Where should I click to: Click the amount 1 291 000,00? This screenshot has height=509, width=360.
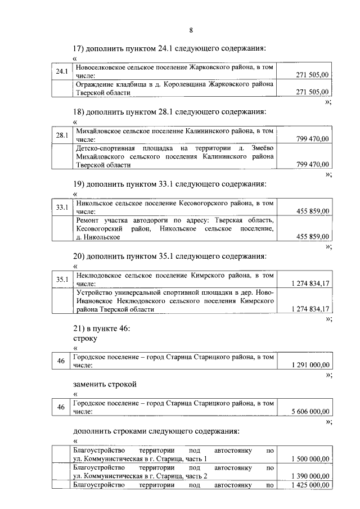click(310, 366)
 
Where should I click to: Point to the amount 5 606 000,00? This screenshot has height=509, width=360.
click(310, 411)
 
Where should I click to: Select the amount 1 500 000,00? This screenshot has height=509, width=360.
click(310, 459)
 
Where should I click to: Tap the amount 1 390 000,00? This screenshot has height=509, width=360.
click(310, 476)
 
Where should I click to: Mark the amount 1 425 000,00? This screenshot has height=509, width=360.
click(310, 485)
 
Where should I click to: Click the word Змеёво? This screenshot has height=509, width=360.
click(261, 148)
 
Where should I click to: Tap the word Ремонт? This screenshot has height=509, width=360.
click(87, 220)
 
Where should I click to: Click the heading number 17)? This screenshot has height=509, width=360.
click(79, 49)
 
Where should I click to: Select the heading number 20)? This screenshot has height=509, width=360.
click(79, 256)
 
